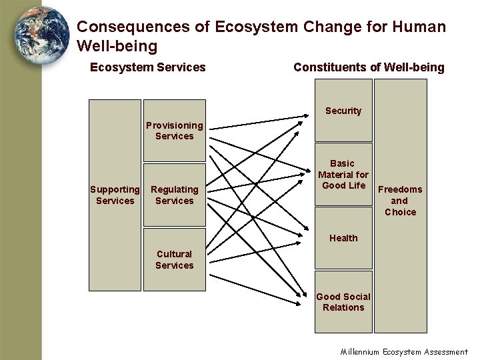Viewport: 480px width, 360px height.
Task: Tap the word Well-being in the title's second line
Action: pyautogui.click(x=117, y=46)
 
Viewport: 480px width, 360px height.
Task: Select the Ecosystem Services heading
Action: pyautogui.click(x=148, y=67)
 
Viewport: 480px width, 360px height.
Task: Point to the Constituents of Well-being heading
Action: pyautogui.click(x=369, y=67)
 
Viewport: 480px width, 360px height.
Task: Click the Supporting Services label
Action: pyautogui.click(x=115, y=195)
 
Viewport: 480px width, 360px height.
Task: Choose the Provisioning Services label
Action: pyautogui.click(x=175, y=131)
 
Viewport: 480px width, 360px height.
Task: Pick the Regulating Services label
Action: pyautogui.click(x=175, y=195)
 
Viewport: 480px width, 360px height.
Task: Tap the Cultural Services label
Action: pyautogui.click(x=175, y=259)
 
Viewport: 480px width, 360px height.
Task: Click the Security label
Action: pyautogui.click(x=343, y=111)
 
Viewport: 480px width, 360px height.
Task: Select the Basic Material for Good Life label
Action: pyautogui.click(x=343, y=174)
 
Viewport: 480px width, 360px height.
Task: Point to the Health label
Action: pyautogui.click(x=343, y=238)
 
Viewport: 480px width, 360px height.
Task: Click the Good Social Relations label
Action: pyautogui.click(x=343, y=302)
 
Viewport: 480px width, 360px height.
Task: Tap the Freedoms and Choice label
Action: pyautogui.click(x=400, y=201)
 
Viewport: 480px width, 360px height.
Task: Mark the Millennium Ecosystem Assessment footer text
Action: pyautogui.click(x=404, y=352)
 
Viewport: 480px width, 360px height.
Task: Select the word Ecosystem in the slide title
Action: pyautogui.click(x=257, y=27)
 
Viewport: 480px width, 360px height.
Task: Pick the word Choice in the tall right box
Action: pyautogui.click(x=400, y=212)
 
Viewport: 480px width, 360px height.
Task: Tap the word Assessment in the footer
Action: pyautogui.click(x=444, y=352)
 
